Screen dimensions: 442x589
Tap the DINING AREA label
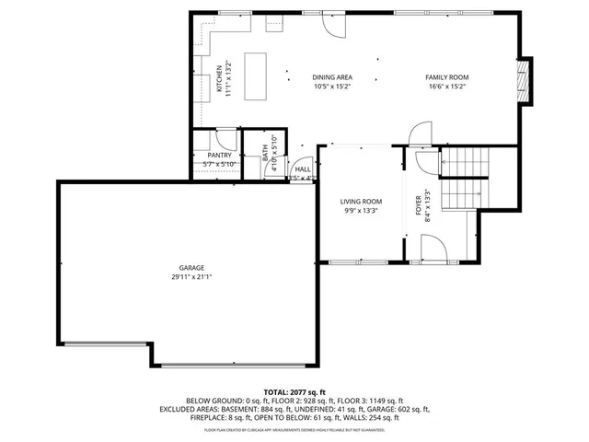pyautogui.click(x=332, y=77)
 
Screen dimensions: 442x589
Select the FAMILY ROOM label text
pyautogui.click(x=446, y=77)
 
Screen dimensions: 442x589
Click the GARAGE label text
pyautogui.click(x=191, y=267)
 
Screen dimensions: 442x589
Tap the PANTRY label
pyautogui.click(x=219, y=156)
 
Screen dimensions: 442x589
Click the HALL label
pyautogui.click(x=302, y=169)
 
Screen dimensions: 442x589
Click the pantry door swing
pyautogui.click(x=224, y=139)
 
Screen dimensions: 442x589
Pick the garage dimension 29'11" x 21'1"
pyautogui.click(x=191, y=277)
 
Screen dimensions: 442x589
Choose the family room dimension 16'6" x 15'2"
pyautogui.click(x=446, y=87)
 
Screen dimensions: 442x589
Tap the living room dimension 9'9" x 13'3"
pyautogui.click(x=361, y=211)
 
